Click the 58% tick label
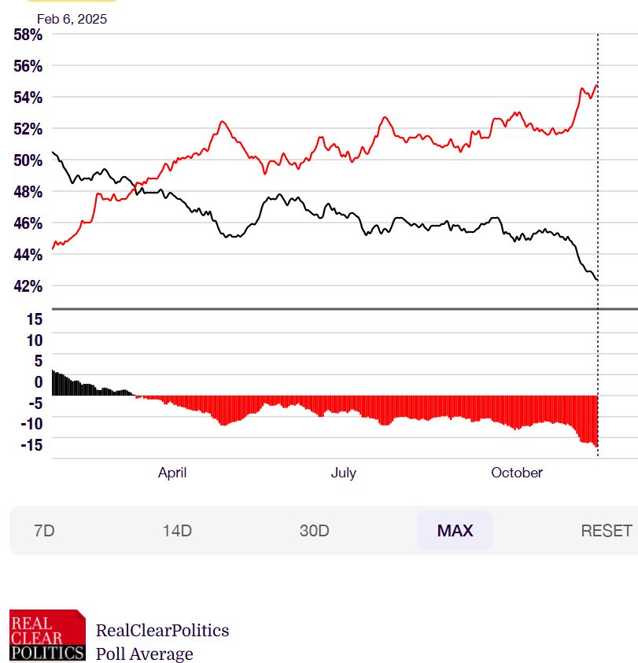point(27,35)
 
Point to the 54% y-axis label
point(27,98)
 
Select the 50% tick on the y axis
point(27,160)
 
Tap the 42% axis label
point(27,286)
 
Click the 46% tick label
point(27,223)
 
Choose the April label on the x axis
point(172,473)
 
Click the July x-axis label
point(343,473)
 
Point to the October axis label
point(517,473)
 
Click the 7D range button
point(45,531)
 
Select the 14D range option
point(177,531)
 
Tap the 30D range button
point(314,531)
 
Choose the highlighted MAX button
point(455,531)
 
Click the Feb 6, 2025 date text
point(72,19)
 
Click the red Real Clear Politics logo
point(47,635)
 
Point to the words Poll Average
point(144,654)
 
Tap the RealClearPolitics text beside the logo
point(162,630)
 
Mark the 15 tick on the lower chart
point(34,319)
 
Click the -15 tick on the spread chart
point(31,445)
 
